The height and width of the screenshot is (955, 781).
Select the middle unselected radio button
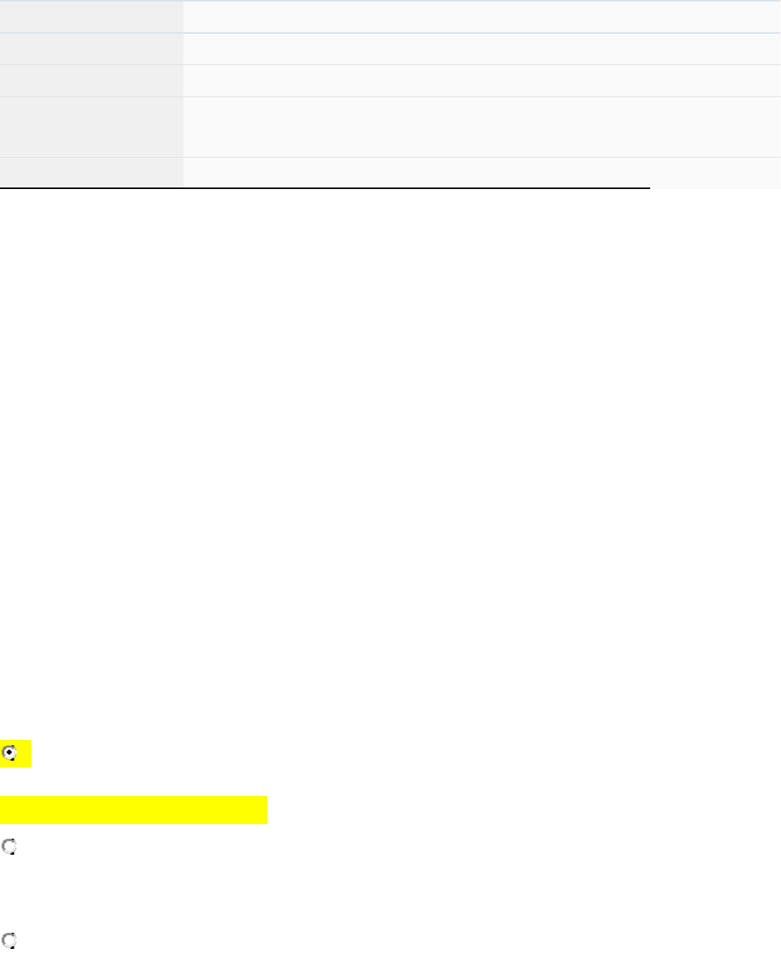click(x=10, y=847)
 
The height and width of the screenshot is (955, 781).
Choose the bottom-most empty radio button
click(x=10, y=941)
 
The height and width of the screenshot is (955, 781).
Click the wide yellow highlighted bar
click(x=133, y=810)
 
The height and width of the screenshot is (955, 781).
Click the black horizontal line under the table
click(x=324, y=187)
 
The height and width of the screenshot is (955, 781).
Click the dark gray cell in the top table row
click(x=92, y=16)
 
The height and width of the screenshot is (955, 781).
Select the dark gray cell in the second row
click(x=92, y=48)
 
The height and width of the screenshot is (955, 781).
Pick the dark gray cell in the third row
click(x=92, y=80)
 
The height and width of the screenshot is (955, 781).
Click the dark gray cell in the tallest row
click(x=92, y=126)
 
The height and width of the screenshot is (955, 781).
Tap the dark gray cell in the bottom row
click(x=92, y=171)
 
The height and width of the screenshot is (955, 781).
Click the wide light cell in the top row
click(x=482, y=16)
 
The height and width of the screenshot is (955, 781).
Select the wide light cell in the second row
click(x=482, y=48)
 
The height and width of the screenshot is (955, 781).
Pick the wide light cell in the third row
click(x=482, y=80)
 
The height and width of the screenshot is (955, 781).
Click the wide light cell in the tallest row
click(x=482, y=126)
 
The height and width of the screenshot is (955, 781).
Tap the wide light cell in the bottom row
click(x=482, y=171)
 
